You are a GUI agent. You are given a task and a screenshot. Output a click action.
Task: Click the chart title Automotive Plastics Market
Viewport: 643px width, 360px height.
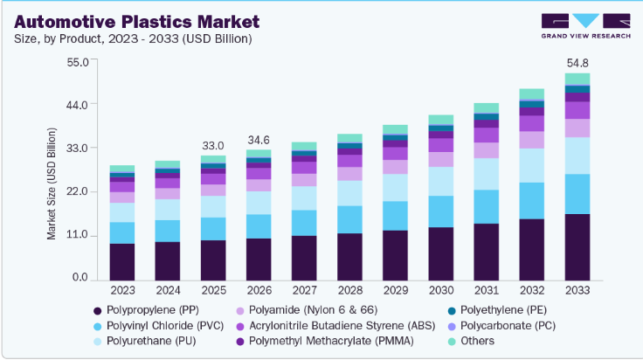click(x=124, y=20)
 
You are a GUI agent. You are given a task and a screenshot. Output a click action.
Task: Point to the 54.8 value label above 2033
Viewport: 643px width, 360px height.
click(x=577, y=64)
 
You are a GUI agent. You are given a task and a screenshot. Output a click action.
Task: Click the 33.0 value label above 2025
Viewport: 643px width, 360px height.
click(x=213, y=145)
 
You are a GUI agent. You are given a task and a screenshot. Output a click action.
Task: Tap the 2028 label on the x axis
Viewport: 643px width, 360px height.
click(x=349, y=289)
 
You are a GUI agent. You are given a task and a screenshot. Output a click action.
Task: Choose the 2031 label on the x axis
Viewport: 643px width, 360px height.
click(x=486, y=289)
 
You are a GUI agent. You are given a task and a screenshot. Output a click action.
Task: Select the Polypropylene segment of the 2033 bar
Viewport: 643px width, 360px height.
click(x=577, y=246)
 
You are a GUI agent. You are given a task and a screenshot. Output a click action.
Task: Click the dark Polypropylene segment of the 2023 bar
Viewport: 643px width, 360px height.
click(x=122, y=261)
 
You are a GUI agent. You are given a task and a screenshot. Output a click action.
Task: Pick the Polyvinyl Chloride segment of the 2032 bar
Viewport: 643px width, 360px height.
click(x=531, y=200)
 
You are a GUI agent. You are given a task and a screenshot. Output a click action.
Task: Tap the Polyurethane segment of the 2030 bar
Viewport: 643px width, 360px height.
click(x=440, y=181)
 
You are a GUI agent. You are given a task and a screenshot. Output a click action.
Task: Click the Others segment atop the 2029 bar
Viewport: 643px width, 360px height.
click(x=395, y=129)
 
